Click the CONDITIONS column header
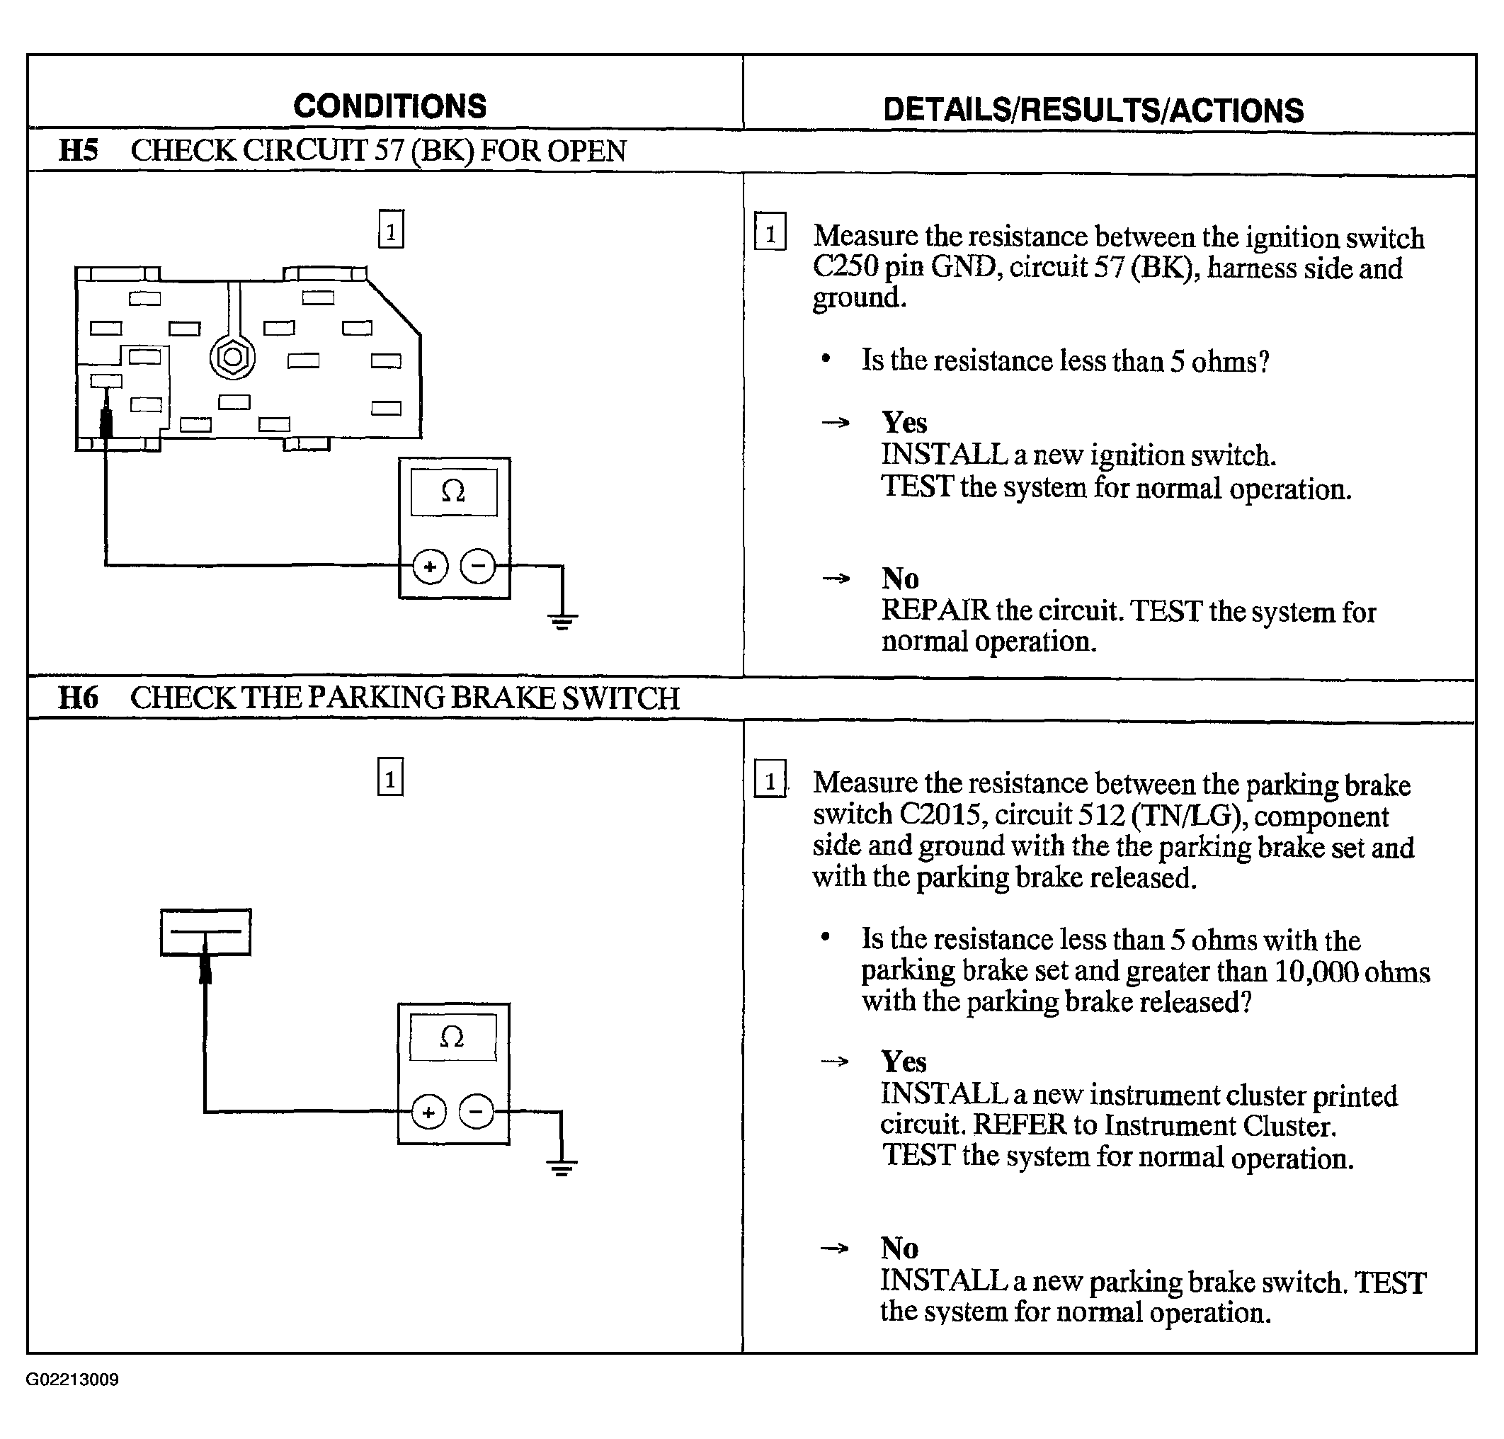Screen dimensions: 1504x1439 click(x=389, y=106)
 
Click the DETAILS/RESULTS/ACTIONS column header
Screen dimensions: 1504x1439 click(x=1093, y=110)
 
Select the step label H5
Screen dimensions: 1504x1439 click(x=78, y=150)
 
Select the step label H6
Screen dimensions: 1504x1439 click(x=78, y=698)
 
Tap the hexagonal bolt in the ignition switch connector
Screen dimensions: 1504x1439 click(x=232, y=357)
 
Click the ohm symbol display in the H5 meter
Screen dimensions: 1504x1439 click(x=454, y=491)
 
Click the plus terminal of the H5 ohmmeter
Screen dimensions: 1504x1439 click(x=430, y=567)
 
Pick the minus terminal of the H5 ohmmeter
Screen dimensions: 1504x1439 click(x=478, y=567)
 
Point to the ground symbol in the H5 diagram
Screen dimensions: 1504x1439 click(x=562, y=620)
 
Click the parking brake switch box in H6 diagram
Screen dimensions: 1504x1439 click(x=205, y=932)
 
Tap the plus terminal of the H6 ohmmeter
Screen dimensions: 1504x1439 click(x=428, y=1113)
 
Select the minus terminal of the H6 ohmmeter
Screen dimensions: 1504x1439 click(x=477, y=1113)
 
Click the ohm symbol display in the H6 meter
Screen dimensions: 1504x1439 click(x=452, y=1037)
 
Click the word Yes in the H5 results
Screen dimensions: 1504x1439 click(x=904, y=423)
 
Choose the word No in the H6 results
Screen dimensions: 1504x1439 click(x=900, y=1248)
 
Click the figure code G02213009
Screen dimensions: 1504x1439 click(x=72, y=1380)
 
